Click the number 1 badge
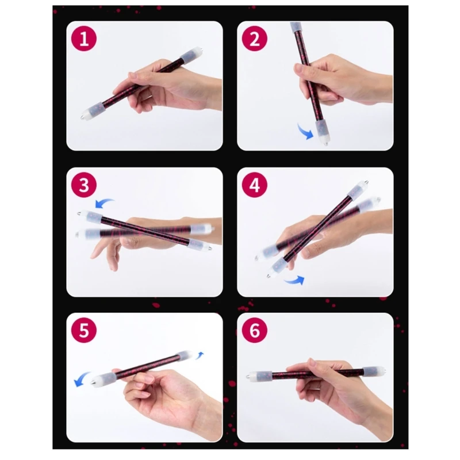84,39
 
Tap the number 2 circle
254,39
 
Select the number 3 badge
84,185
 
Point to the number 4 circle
254,185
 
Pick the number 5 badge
84,330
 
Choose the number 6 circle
254,330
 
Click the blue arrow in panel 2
305,132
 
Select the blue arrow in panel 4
295,281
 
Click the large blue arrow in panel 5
81,378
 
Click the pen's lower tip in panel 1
82,117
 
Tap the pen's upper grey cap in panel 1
188,55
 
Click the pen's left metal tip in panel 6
248,375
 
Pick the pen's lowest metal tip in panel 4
269,276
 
